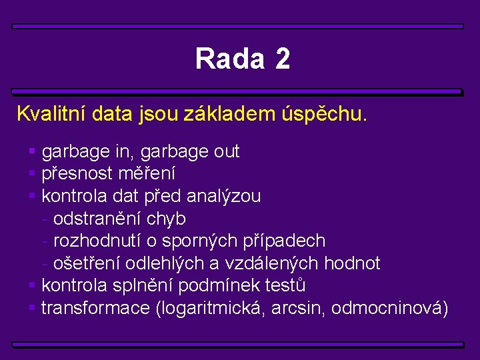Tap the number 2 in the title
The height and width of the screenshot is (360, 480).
[x=282, y=59]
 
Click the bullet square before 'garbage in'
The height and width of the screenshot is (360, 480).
[x=32, y=152]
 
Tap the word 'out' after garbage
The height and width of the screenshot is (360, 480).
[x=227, y=152]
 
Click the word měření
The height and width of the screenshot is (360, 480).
[x=147, y=174]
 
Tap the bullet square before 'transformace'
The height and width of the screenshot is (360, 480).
[x=32, y=308]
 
